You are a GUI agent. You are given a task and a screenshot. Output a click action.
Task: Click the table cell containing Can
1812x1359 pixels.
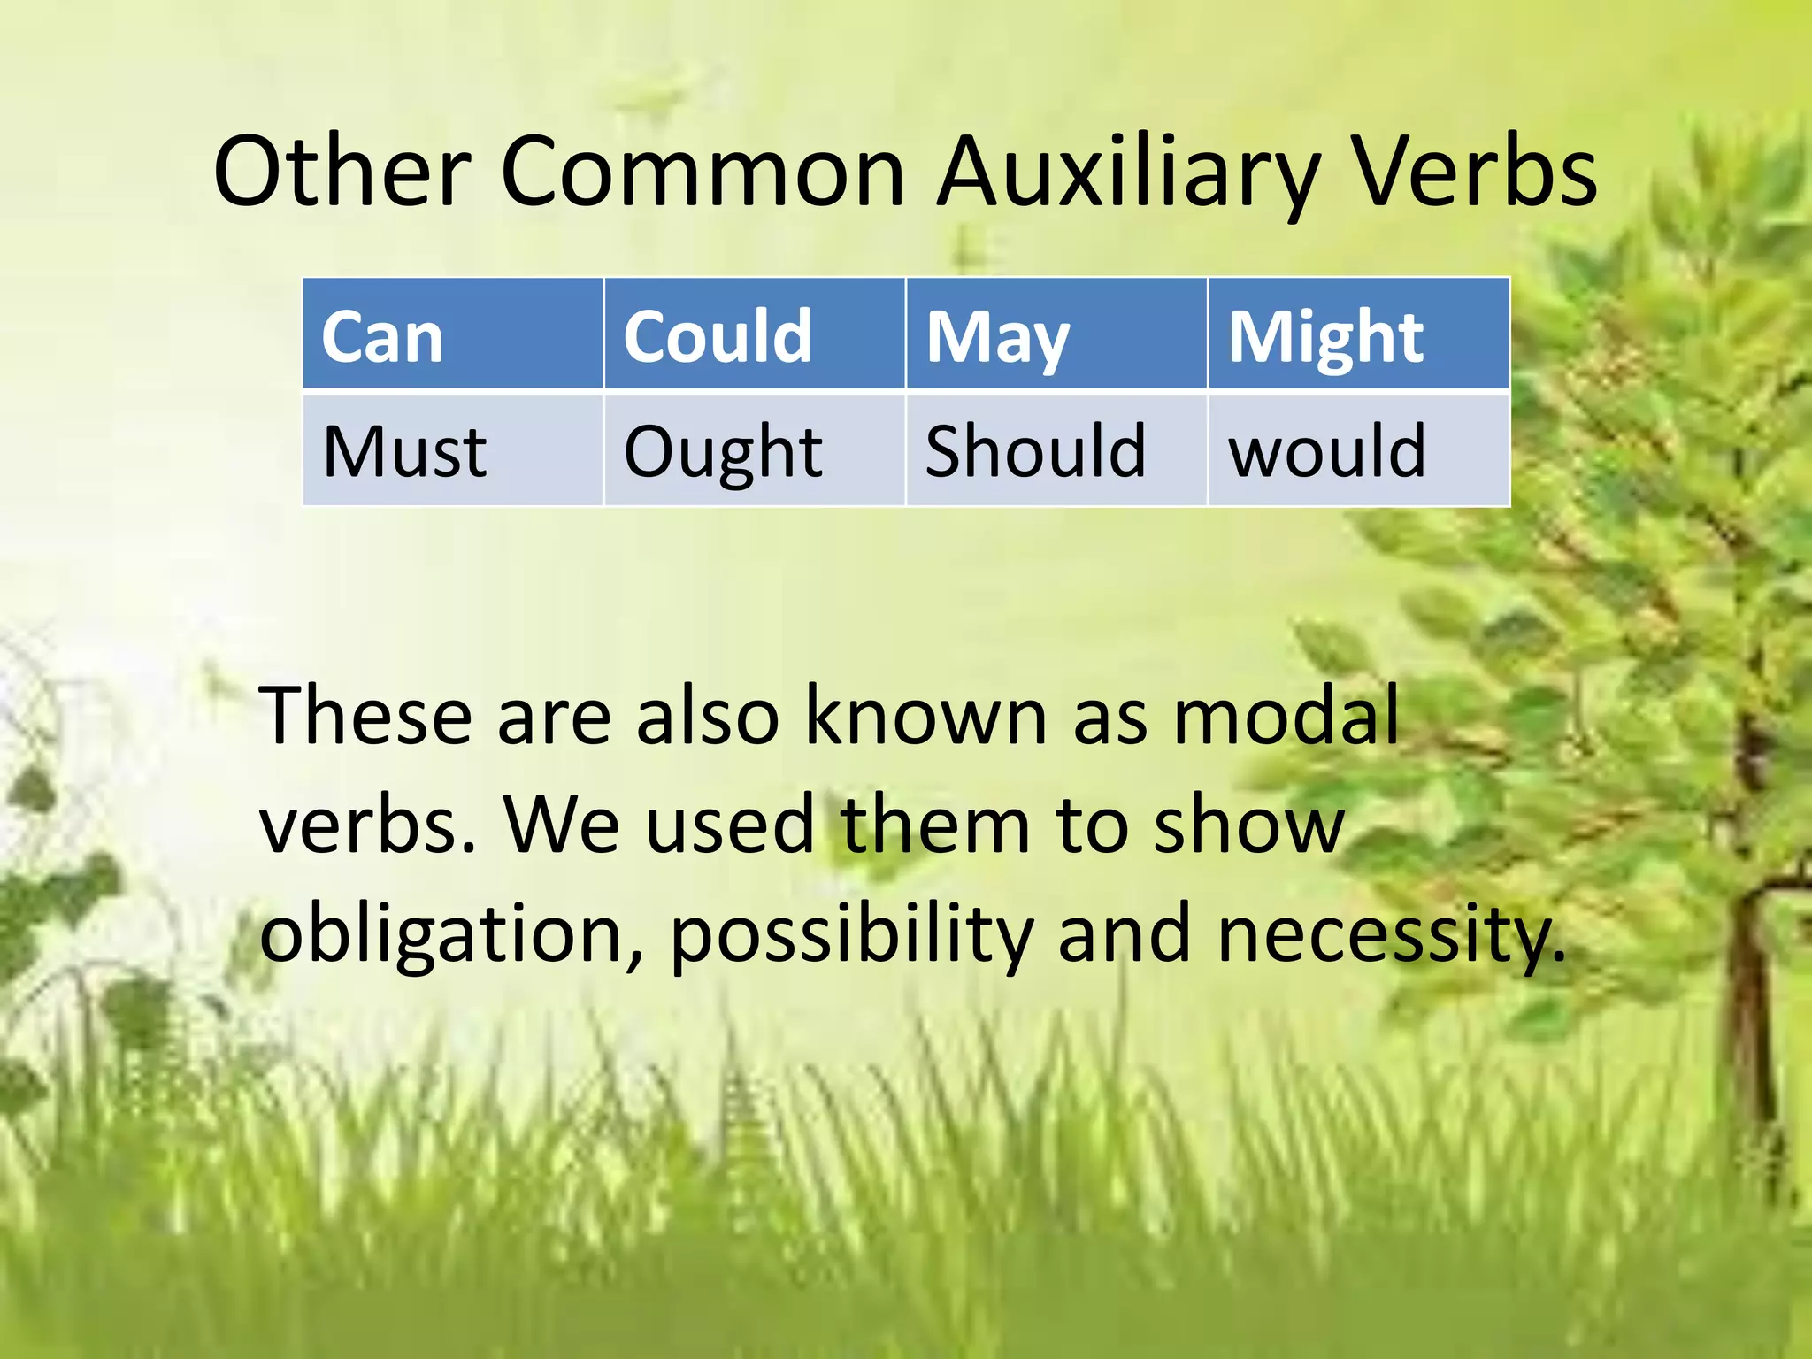pyautogui.click(x=452, y=334)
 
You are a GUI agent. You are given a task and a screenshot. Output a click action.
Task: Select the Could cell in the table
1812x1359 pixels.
pyautogui.click(x=754, y=334)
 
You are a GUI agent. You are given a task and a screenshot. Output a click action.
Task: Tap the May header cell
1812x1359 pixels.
pyautogui.click(x=1056, y=334)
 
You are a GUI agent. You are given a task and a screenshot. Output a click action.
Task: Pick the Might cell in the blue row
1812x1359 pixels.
pyautogui.click(x=1357, y=334)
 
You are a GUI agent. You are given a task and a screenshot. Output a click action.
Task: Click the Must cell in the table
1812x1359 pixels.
pyautogui.click(x=452, y=450)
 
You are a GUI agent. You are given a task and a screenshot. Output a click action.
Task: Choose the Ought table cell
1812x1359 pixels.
pyautogui.click(x=754, y=450)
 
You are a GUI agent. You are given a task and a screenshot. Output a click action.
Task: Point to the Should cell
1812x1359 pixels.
pyautogui.click(x=1056, y=450)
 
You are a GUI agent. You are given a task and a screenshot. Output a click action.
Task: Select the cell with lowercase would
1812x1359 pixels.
pyautogui.click(x=1357, y=450)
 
